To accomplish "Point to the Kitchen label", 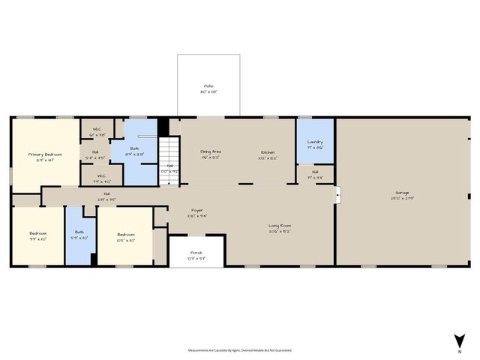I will (x=268, y=154).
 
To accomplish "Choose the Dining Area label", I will (x=210, y=154).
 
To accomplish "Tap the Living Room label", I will (x=280, y=227).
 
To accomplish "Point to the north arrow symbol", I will (x=459, y=341).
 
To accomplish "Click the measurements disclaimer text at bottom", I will (x=240, y=349).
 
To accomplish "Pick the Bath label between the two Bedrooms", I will (x=79, y=235).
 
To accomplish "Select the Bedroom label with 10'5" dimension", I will (x=125, y=238).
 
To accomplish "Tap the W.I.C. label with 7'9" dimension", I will (x=100, y=178).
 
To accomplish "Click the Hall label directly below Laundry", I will (x=315, y=175).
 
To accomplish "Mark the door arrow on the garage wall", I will (x=338, y=194).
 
